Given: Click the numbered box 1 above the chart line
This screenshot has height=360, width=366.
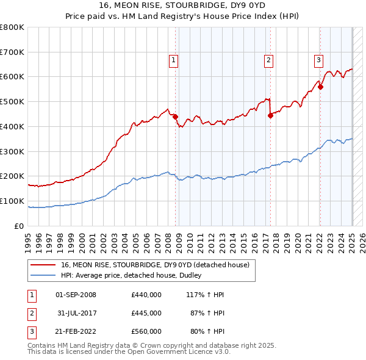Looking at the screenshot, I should pyautogui.click(x=174, y=60).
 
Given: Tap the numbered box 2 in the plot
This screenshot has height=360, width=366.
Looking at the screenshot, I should pyautogui.click(x=268, y=60).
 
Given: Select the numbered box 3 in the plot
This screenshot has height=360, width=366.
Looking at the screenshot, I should pyautogui.click(x=318, y=60).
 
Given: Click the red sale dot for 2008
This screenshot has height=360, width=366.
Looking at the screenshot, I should pyautogui.click(x=175, y=116).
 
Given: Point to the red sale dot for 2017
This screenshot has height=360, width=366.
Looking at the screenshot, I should pyautogui.click(x=270, y=115).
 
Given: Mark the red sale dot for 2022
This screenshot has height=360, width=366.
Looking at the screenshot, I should pyautogui.click(x=320, y=87).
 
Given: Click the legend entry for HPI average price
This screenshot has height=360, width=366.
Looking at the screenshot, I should pyautogui.click(x=134, y=275).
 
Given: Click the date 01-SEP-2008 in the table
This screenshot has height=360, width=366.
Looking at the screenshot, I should pyautogui.click(x=76, y=295).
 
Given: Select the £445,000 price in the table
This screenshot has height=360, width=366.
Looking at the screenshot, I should pyautogui.click(x=146, y=313).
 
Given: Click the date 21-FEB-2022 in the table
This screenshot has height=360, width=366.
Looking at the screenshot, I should pyautogui.click(x=76, y=331).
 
